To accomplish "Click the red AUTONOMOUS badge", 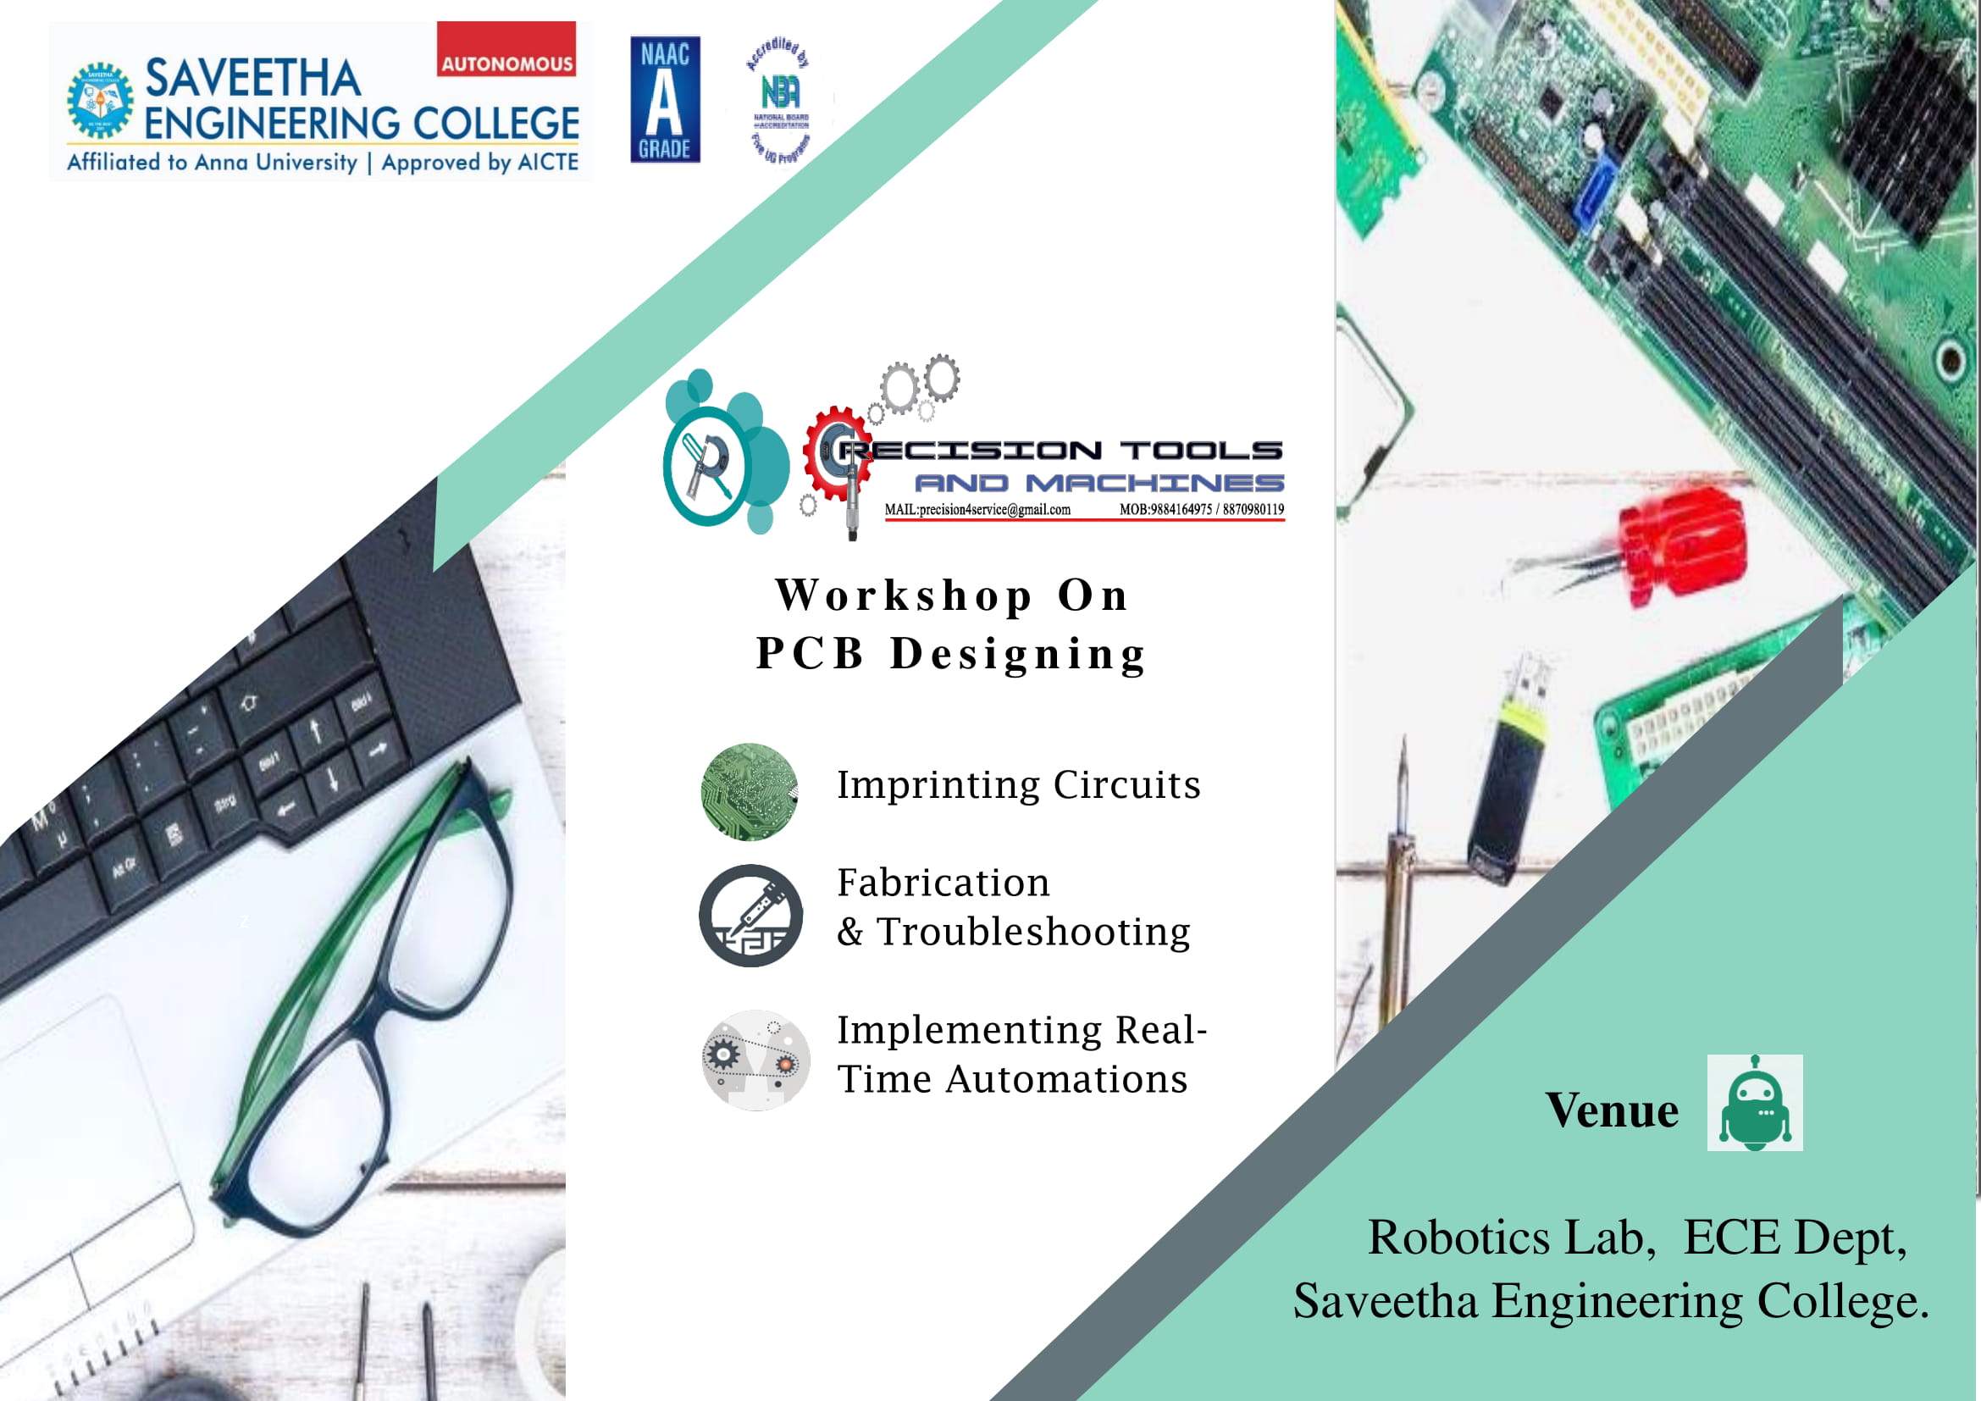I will point(506,50).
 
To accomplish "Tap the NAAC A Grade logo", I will point(664,99).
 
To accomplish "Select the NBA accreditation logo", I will point(780,100).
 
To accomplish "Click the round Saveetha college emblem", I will point(101,100).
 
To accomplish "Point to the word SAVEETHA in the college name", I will point(252,79).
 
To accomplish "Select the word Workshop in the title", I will point(904,595).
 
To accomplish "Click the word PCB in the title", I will point(810,653).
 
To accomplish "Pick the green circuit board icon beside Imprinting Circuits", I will point(749,791).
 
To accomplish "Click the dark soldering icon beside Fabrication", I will point(750,915).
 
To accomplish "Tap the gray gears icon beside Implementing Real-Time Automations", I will point(755,1060).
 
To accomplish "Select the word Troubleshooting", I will point(1032,932).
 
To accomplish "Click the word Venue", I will point(1611,1110).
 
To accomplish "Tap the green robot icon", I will point(1754,1102).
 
